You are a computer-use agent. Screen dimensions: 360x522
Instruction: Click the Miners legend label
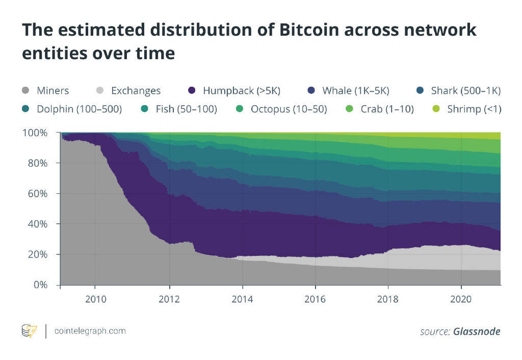tap(53, 91)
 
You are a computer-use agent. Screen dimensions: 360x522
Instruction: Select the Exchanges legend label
tap(136, 91)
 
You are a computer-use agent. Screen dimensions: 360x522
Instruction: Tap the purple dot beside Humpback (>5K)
tap(192, 91)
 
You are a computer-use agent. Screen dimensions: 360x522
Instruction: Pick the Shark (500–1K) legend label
tap(465, 91)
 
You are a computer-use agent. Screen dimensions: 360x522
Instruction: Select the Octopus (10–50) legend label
tap(289, 109)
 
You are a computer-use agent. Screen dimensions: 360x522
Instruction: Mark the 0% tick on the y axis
tap(41, 285)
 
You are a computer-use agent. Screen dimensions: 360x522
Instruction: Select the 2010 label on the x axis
tap(96, 299)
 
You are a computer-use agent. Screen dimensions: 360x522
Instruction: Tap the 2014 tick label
tap(243, 299)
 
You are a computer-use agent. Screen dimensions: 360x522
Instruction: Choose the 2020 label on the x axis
tap(461, 299)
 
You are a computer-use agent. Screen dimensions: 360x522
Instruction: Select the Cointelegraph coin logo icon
tap(29, 331)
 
